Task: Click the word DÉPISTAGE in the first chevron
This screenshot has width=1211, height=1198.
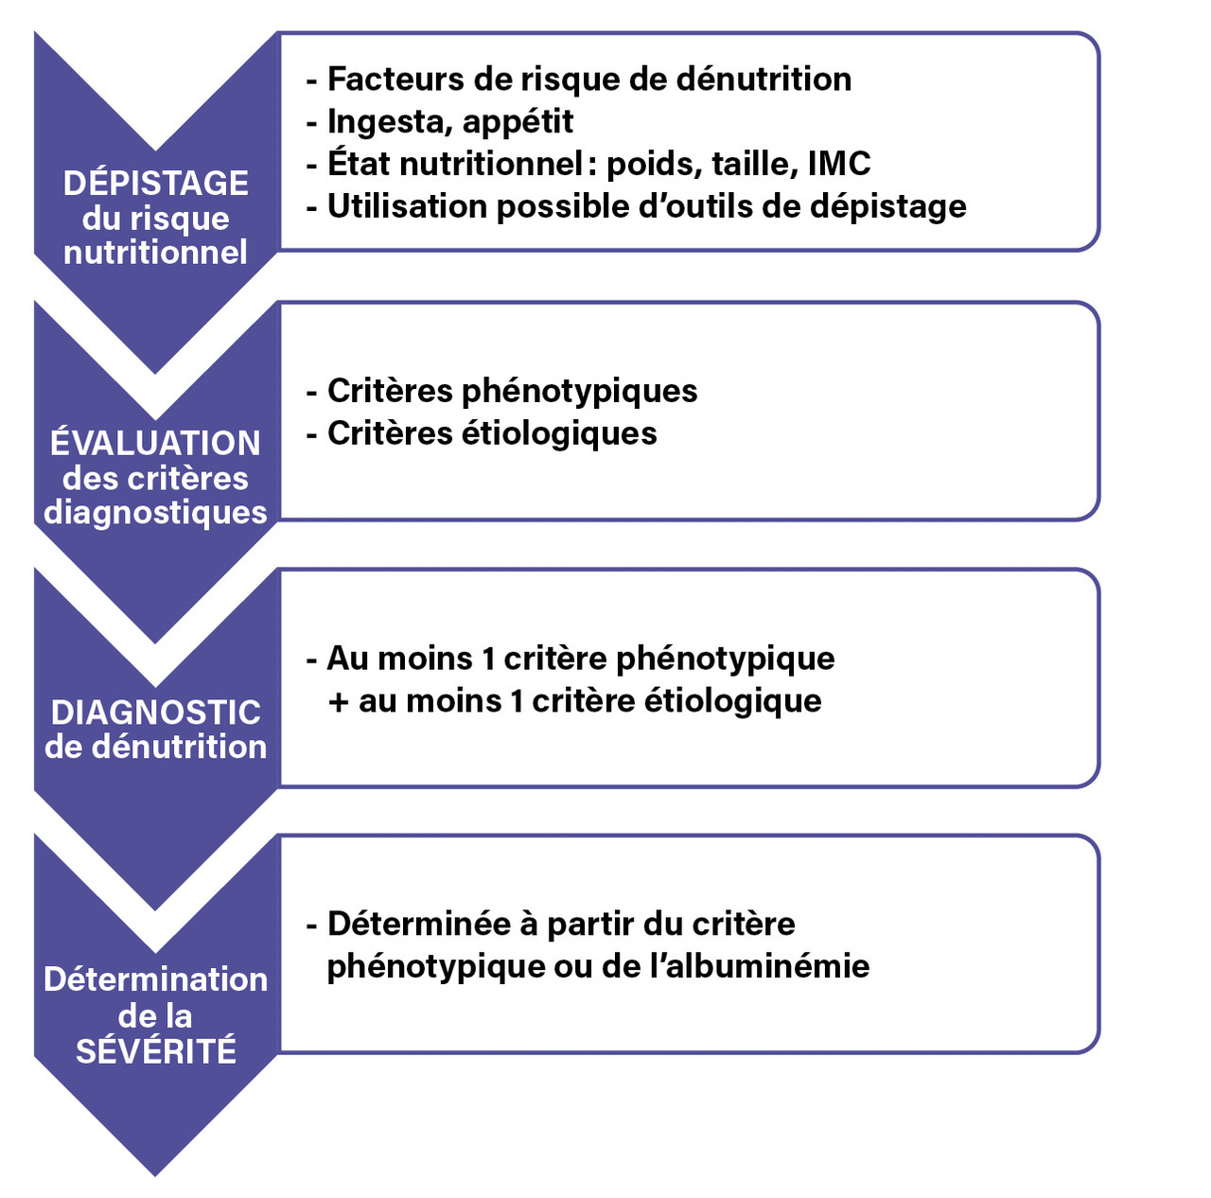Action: tap(155, 183)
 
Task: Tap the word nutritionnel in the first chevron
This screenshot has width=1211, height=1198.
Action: tap(155, 252)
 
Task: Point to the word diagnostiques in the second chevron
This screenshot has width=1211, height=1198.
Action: tap(155, 513)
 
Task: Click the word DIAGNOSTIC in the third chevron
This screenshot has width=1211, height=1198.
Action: tap(156, 712)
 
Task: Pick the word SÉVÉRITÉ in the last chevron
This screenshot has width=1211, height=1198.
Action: tap(156, 1050)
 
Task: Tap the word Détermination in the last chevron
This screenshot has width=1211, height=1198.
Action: tap(156, 979)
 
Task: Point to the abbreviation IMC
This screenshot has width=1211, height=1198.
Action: tap(839, 164)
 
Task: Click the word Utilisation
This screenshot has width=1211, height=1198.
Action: tap(407, 206)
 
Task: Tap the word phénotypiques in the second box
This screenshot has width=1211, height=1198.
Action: tap(579, 391)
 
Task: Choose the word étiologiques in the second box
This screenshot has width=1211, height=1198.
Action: tap(559, 433)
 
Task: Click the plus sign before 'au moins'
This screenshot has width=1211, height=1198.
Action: tap(338, 702)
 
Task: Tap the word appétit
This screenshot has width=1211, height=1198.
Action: tap(518, 122)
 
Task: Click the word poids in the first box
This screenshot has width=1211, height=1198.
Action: tap(654, 164)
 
